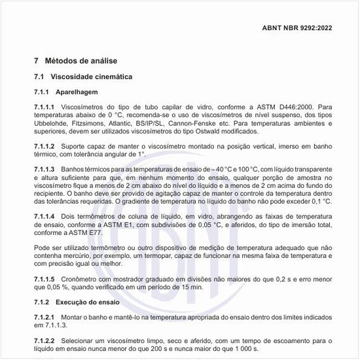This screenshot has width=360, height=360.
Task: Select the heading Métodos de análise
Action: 80,60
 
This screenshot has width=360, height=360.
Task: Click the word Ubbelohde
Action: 54,122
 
